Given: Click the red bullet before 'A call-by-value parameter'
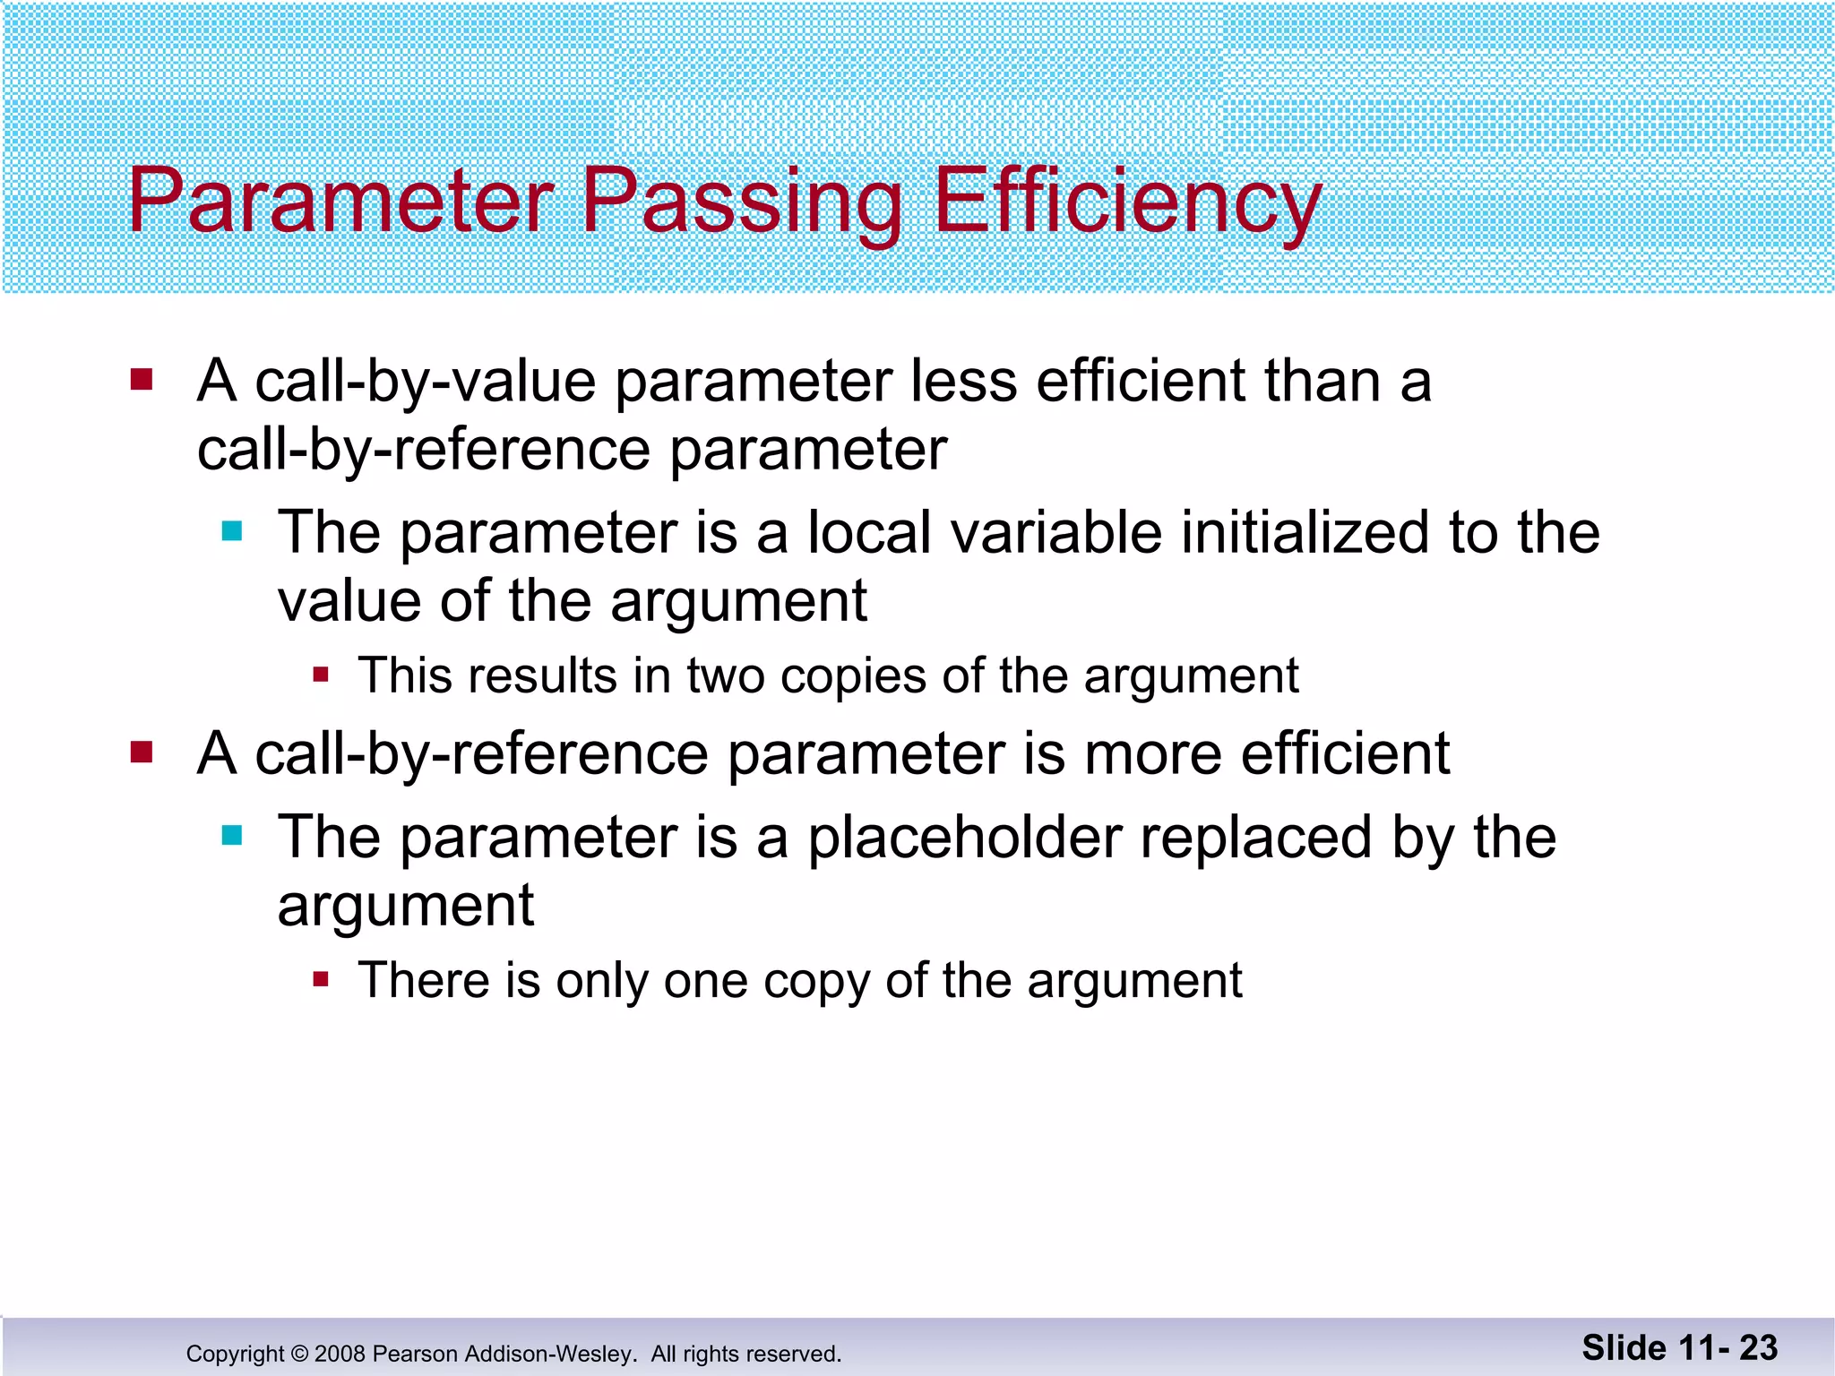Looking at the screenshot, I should pos(142,380).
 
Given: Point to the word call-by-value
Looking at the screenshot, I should pos(426,383).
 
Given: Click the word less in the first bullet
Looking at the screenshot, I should pos(963,381).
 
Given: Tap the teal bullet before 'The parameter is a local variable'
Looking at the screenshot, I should pos(232,531).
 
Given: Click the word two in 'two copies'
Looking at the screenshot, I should pos(726,675).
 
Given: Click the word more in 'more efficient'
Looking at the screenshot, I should pos(1152,753).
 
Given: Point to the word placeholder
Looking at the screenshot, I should pos(965,838).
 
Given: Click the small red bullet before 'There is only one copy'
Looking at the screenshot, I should pos(322,979).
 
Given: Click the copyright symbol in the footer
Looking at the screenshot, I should pos(299,1354).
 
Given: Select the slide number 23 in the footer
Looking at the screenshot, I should pos(1758,1347).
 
